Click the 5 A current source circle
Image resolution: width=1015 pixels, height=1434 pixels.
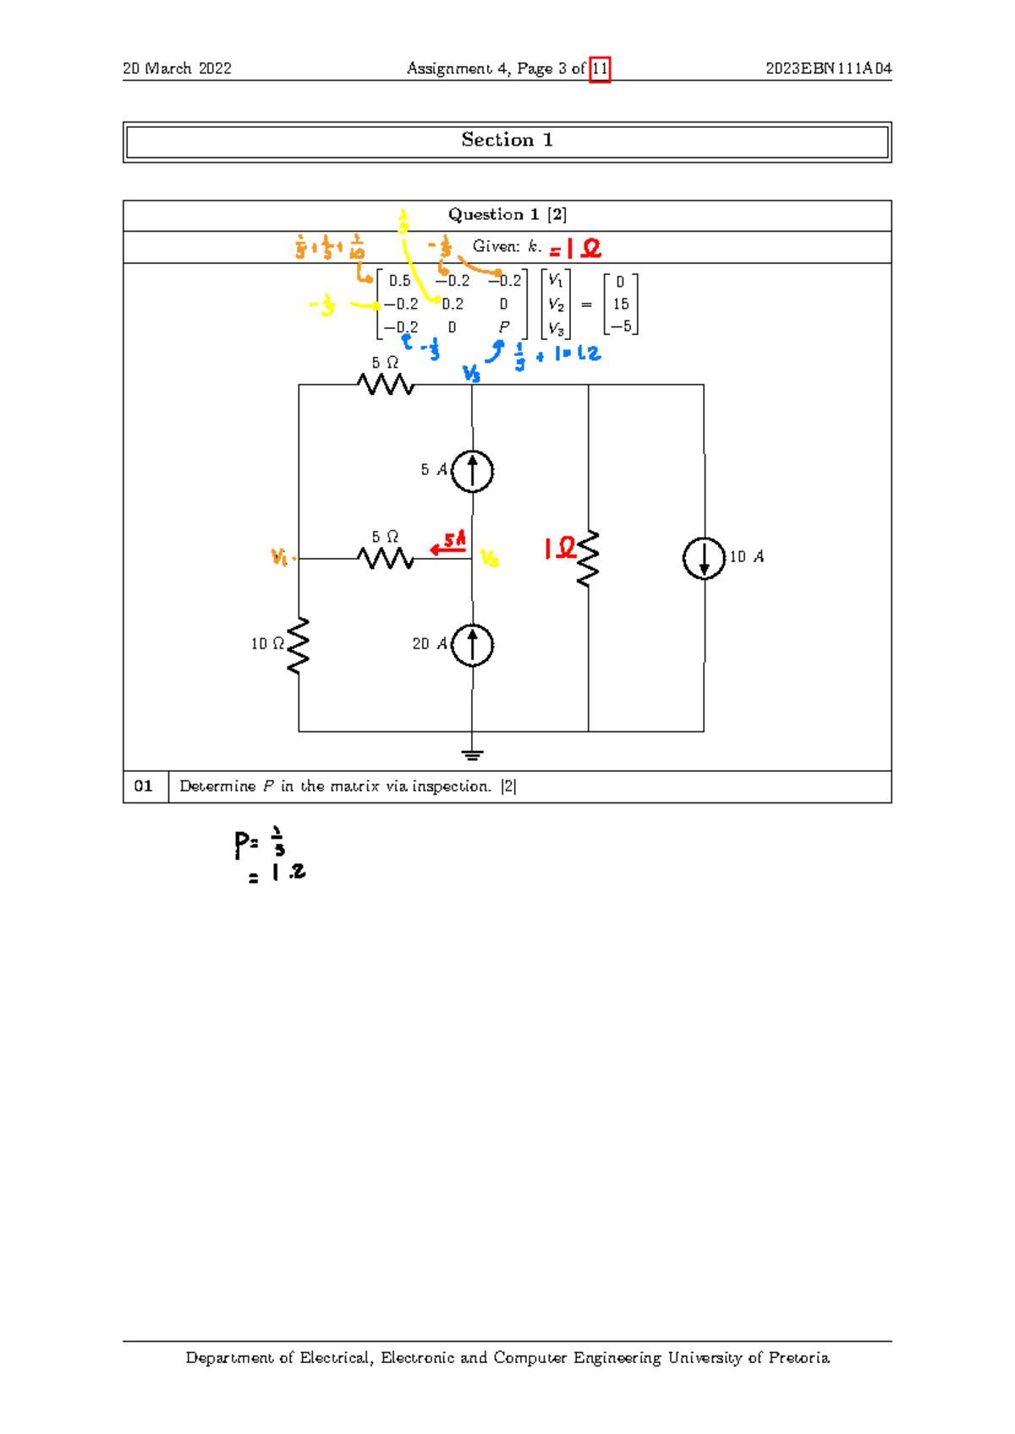click(x=472, y=471)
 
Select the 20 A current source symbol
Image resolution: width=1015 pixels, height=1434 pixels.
click(x=472, y=645)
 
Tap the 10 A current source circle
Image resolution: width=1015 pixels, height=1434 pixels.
click(x=704, y=558)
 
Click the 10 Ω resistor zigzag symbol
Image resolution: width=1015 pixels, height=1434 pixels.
click(x=299, y=645)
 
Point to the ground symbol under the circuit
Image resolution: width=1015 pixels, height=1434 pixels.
click(x=472, y=754)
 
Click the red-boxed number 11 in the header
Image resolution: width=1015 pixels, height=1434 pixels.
click(x=600, y=68)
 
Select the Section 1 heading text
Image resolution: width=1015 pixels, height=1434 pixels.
click(x=507, y=140)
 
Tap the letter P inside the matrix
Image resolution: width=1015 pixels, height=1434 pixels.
click(x=504, y=327)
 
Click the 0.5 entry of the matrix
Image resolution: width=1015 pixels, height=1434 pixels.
click(x=399, y=281)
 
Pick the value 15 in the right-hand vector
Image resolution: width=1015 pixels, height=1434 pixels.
click(x=620, y=304)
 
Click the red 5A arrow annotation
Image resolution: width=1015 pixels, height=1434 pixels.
click(x=449, y=544)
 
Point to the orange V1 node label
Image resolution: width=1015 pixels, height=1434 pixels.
click(x=280, y=556)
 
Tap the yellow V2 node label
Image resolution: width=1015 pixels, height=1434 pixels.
click(x=490, y=559)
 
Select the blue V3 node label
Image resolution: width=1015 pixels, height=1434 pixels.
click(x=471, y=373)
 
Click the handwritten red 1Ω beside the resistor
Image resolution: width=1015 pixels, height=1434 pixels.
click(x=559, y=549)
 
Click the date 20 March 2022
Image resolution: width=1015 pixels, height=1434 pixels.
click(x=177, y=68)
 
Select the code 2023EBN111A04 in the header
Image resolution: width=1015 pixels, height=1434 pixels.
click(x=828, y=68)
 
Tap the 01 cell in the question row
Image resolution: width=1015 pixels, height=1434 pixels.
click(x=144, y=786)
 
